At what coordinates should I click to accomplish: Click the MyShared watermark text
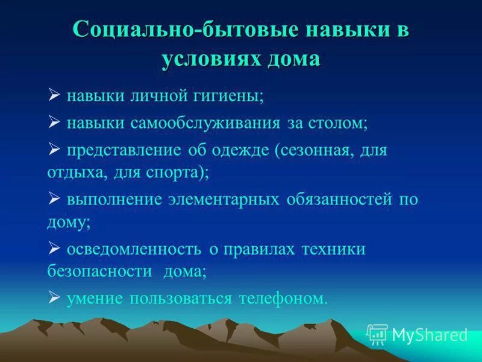point(429,334)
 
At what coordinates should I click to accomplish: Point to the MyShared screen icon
point(377,334)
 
